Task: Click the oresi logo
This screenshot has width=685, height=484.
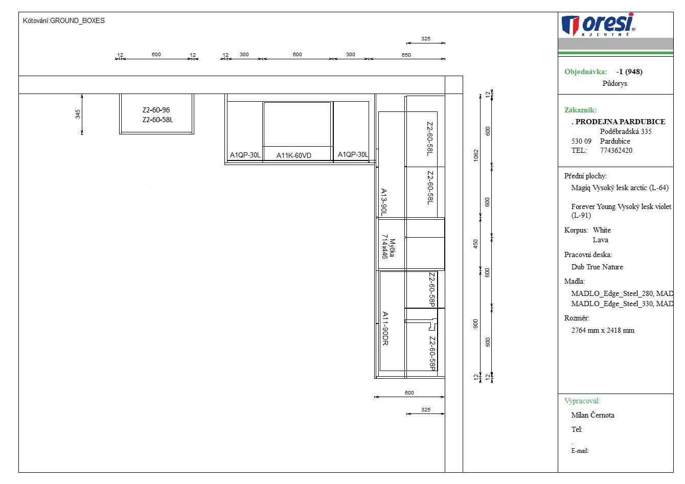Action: [599, 25]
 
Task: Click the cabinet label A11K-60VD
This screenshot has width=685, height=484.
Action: [293, 155]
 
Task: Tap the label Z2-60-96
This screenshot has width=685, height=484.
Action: [156, 110]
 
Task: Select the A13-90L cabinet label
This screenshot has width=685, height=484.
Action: [384, 202]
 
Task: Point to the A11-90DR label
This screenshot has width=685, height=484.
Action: [385, 329]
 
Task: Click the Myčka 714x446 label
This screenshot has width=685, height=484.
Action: [389, 246]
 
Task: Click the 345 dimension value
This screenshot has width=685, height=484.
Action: [78, 114]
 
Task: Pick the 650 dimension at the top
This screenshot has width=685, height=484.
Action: [406, 55]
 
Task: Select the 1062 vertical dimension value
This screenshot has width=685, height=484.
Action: [476, 155]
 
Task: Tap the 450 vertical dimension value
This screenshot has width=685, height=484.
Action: [475, 244]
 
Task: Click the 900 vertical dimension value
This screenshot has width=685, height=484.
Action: [475, 324]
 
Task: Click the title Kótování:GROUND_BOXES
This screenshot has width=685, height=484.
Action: [63, 20]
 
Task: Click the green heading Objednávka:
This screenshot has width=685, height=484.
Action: [586, 72]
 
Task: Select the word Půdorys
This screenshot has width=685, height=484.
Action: [614, 83]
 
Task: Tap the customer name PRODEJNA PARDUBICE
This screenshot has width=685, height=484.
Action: [620, 121]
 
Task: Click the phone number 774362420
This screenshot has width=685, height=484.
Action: [616, 150]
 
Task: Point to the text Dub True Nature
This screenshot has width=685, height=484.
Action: [597, 267]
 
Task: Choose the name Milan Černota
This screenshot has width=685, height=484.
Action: [592, 415]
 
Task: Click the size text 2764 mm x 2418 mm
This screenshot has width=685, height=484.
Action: [603, 330]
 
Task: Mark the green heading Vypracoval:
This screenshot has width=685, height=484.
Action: [582, 401]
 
